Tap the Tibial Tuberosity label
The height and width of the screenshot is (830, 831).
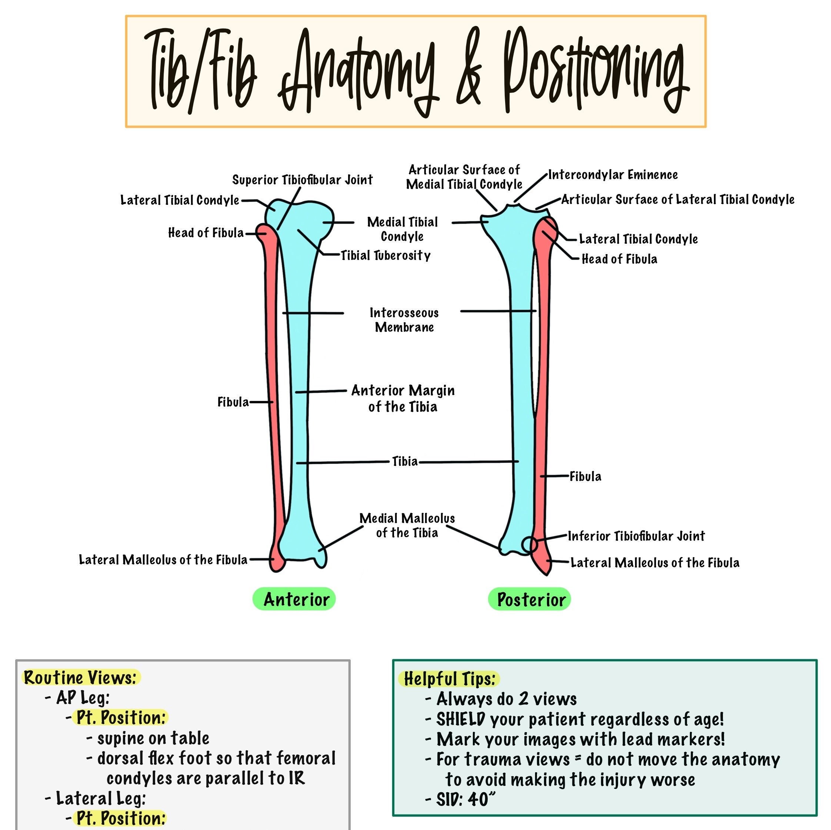[x=386, y=256]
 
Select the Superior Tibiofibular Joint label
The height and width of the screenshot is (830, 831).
[x=303, y=180]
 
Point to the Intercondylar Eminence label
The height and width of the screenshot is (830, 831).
[x=613, y=175]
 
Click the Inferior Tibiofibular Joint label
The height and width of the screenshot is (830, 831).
[x=636, y=536]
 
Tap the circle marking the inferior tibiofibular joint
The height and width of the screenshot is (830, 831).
[x=530, y=545]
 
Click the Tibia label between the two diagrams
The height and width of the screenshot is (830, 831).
[x=405, y=462]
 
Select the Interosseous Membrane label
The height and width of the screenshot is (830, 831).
[x=404, y=320]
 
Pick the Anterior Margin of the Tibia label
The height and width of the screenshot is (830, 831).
[x=403, y=399]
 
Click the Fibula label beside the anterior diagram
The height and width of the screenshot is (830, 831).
[x=233, y=402]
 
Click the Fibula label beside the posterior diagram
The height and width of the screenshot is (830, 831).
[x=585, y=477]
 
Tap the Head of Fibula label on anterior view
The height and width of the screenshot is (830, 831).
[x=206, y=233]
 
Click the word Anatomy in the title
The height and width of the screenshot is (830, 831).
[x=359, y=71]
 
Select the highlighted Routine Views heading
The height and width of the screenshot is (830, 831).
[x=80, y=678]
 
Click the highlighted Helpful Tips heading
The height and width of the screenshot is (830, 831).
[x=450, y=679]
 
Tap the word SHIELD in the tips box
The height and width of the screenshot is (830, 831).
[x=461, y=719]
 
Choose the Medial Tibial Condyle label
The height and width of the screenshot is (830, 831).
[x=402, y=229]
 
